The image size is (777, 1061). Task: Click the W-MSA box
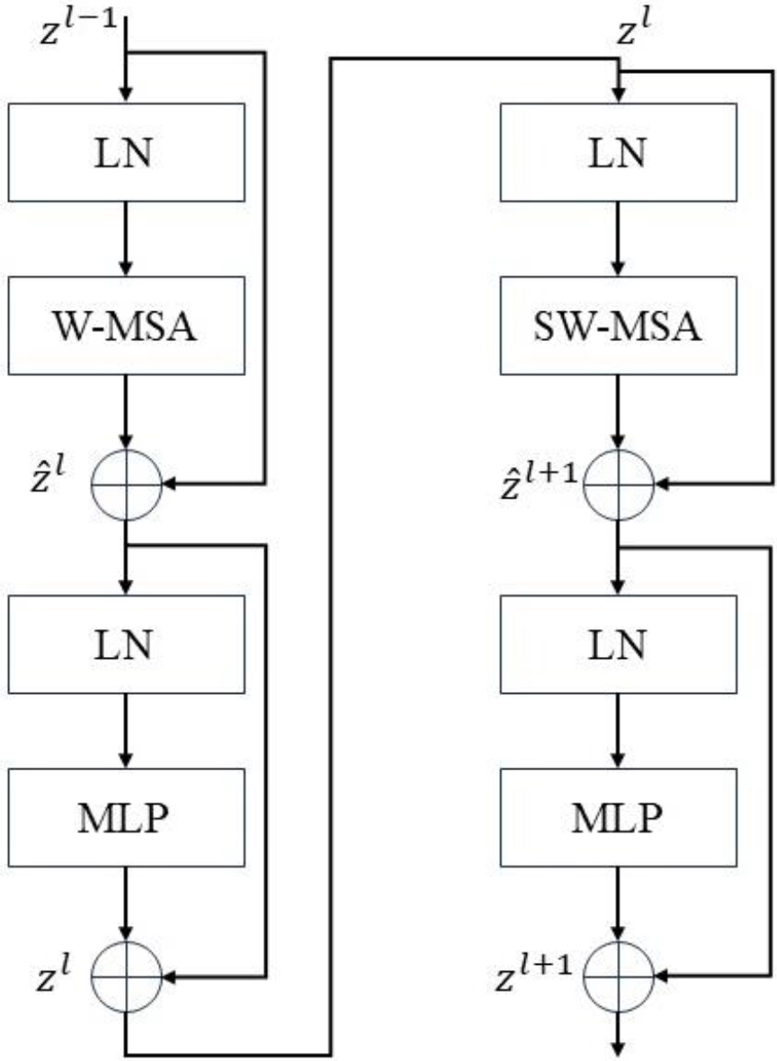click(127, 326)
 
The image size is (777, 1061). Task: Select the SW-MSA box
click(618, 326)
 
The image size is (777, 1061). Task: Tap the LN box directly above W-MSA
click(127, 152)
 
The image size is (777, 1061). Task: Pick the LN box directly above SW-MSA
click(618, 152)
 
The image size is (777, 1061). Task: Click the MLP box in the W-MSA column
click(127, 817)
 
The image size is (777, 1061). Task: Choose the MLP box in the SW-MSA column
click(618, 817)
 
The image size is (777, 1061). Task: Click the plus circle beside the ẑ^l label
click(127, 484)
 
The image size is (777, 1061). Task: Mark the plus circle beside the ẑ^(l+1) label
click(618, 484)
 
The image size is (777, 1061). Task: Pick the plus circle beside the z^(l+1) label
click(618, 976)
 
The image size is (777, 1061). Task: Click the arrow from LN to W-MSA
click(126, 238)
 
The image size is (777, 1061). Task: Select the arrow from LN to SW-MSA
click(618, 238)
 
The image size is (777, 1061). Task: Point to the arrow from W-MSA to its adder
click(126, 412)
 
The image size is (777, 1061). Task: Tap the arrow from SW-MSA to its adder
click(618, 412)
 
